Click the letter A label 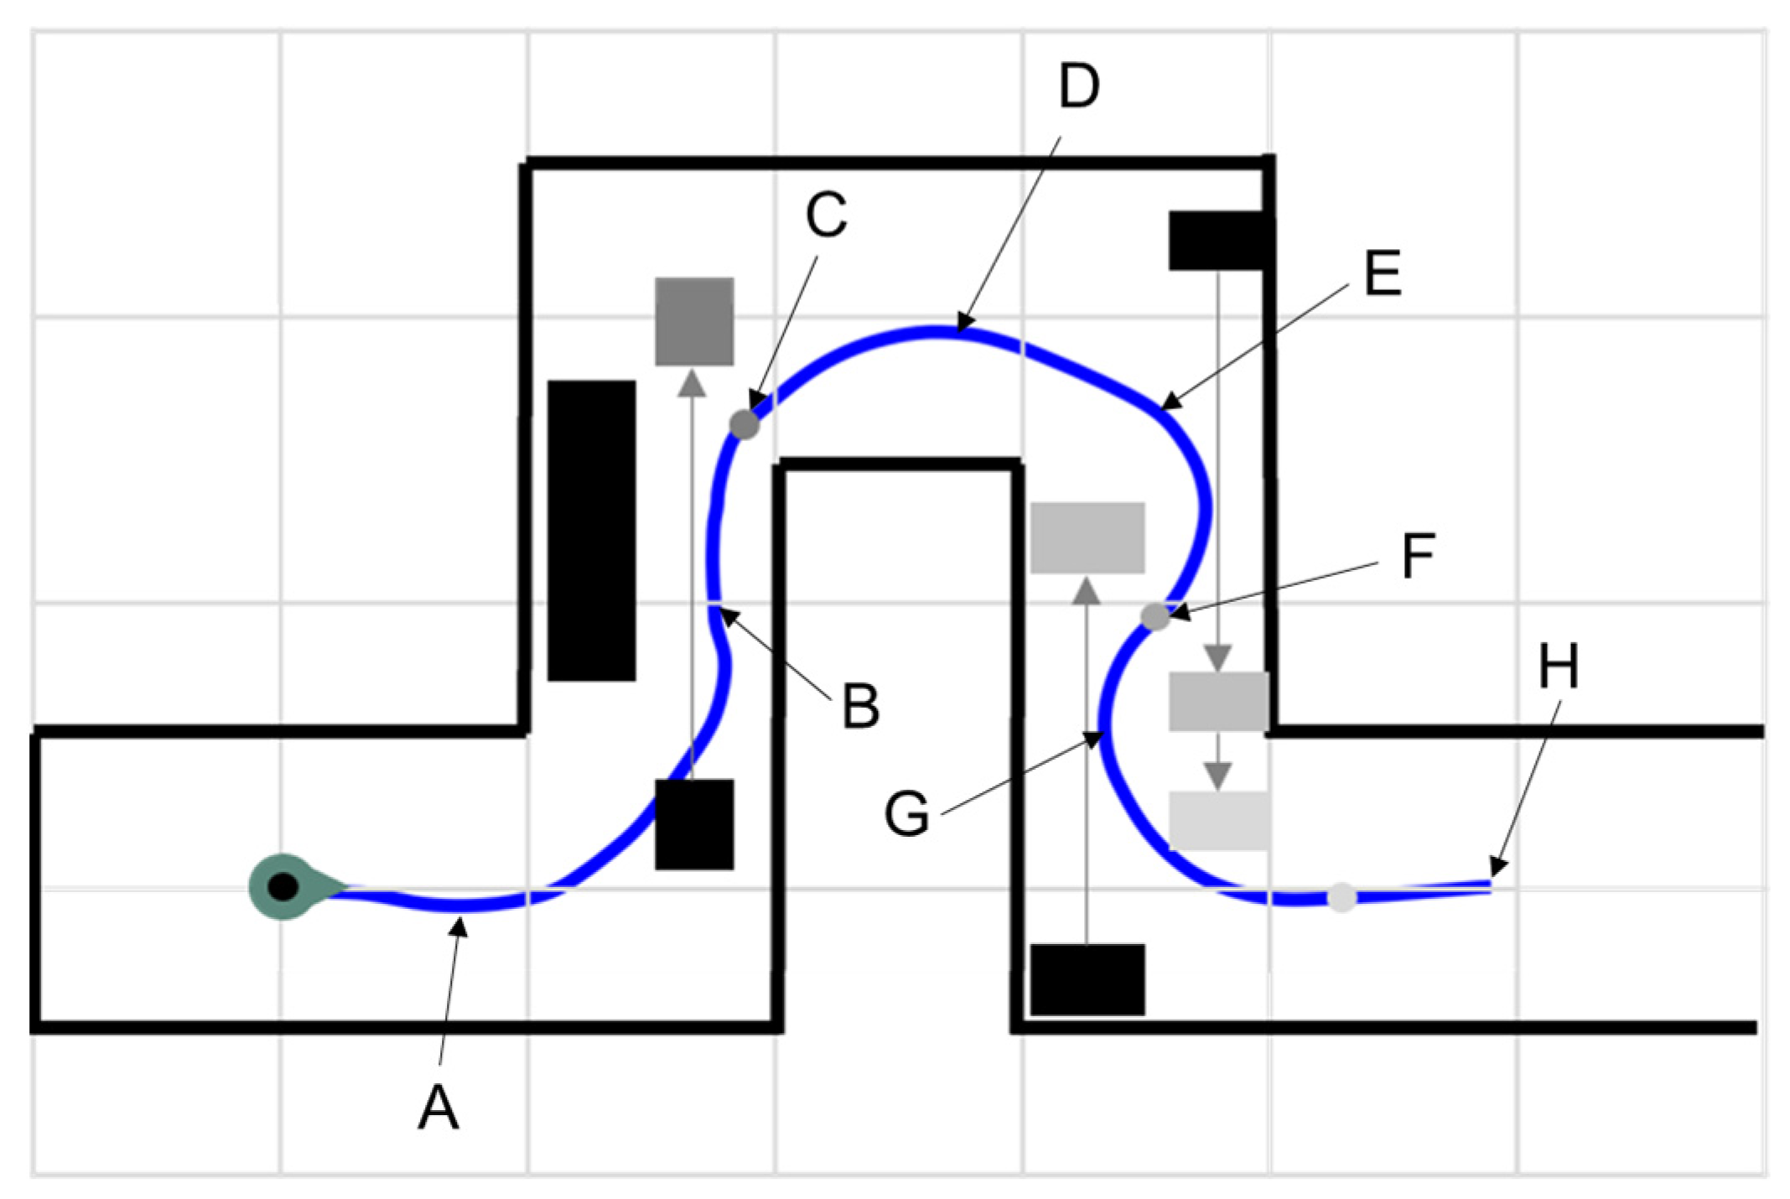click(438, 1107)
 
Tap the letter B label click(860, 705)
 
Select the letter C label click(826, 215)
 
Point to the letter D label click(1078, 86)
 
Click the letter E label click(1383, 273)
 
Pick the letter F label click(1418, 556)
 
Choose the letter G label click(907, 813)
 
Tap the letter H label click(1559, 667)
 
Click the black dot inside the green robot click(283, 887)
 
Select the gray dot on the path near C click(745, 424)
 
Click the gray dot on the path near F click(1155, 616)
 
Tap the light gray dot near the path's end click(1341, 897)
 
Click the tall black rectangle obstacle click(591, 530)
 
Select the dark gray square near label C click(694, 321)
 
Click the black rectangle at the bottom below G click(1087, 979)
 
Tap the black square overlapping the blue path click(694, 824)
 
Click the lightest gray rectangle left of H click(1218, 821)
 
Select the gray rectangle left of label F click(1087, 537)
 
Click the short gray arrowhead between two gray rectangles click(1217, 775)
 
